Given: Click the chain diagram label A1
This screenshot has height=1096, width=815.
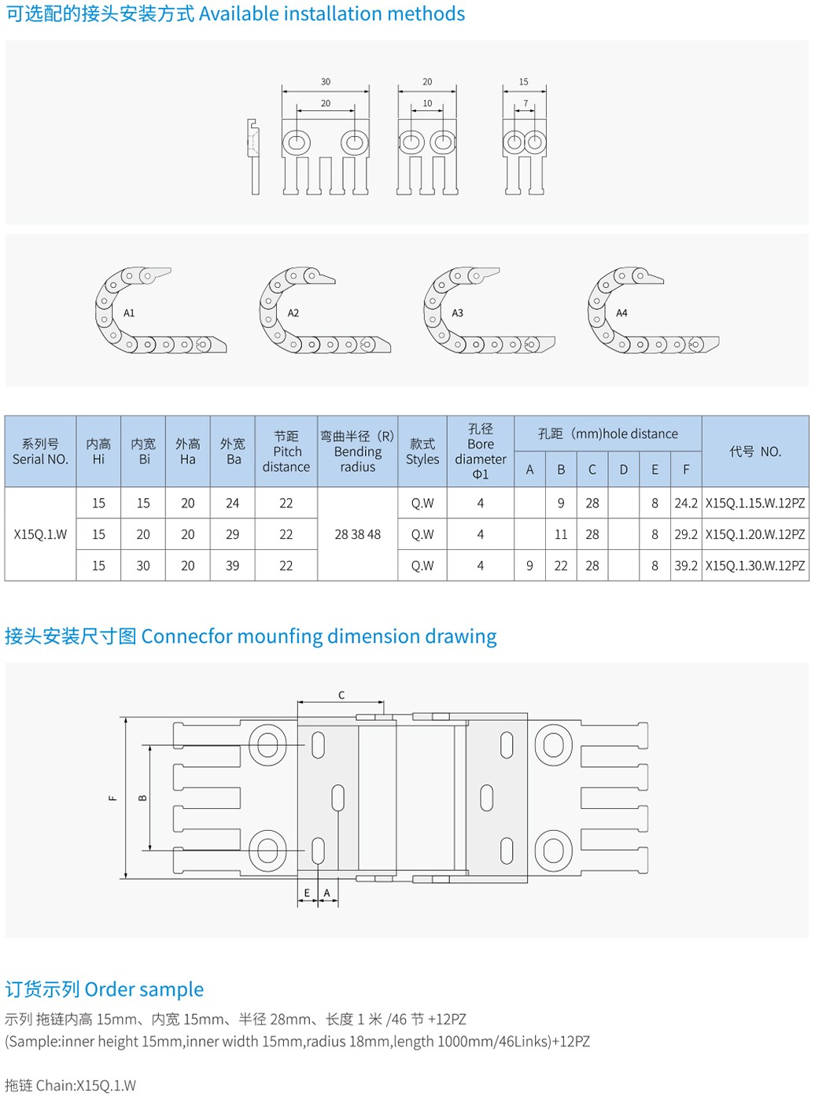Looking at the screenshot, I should tap(129, 313).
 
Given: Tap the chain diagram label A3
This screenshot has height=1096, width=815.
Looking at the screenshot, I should tap(457, 313).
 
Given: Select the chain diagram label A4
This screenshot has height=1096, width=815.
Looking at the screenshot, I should tap(621, 313).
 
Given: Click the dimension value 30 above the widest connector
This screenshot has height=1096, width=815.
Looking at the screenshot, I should tap(326, 82).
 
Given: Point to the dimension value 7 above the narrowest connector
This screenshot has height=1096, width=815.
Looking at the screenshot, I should tap(526, 103).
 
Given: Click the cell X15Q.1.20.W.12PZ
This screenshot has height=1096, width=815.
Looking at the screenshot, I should tap(755, 534).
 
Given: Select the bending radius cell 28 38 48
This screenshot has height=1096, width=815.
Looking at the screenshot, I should tap(357, 534).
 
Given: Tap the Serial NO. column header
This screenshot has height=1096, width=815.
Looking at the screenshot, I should tap(40, 452).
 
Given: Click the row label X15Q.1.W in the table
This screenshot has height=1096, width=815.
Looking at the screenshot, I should tap(40, 534).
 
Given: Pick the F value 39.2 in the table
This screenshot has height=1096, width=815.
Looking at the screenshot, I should tap(686, 566).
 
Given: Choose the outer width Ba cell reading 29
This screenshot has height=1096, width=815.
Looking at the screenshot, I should tap(233, 534).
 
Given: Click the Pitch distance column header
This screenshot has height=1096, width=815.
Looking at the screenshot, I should tap(286, 452).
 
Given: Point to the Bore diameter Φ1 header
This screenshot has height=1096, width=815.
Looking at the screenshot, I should tap(480, 452).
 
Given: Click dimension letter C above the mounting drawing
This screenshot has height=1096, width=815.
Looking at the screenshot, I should tap(341, 695).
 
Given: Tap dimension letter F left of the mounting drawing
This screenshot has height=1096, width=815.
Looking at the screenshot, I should tap(112, 798).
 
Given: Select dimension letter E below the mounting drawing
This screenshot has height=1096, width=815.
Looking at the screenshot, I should tap(308, 893).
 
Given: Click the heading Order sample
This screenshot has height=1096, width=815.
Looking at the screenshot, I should tap(144, 989).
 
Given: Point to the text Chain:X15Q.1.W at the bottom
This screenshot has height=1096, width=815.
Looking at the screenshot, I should tap(86, 1085).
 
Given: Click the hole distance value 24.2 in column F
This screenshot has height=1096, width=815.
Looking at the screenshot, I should tap(686, 503).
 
